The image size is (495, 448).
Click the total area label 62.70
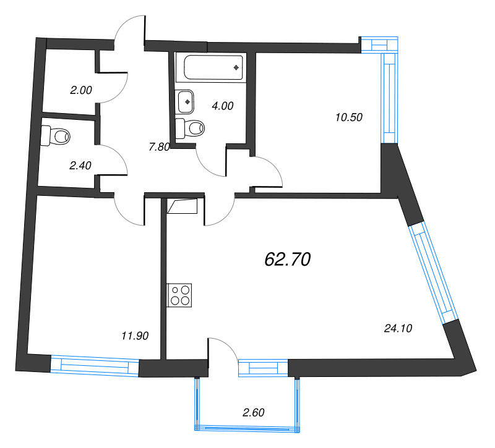pos(286,260)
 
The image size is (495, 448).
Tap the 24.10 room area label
pos(398,329)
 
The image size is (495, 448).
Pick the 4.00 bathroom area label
pos(222,106)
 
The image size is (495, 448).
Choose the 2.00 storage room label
pos(80,90)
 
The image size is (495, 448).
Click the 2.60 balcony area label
pos(254,413)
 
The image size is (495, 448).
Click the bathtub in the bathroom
pos(211,67)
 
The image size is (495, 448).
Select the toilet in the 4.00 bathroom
pos(191,128)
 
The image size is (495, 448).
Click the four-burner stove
pos(180,295)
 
